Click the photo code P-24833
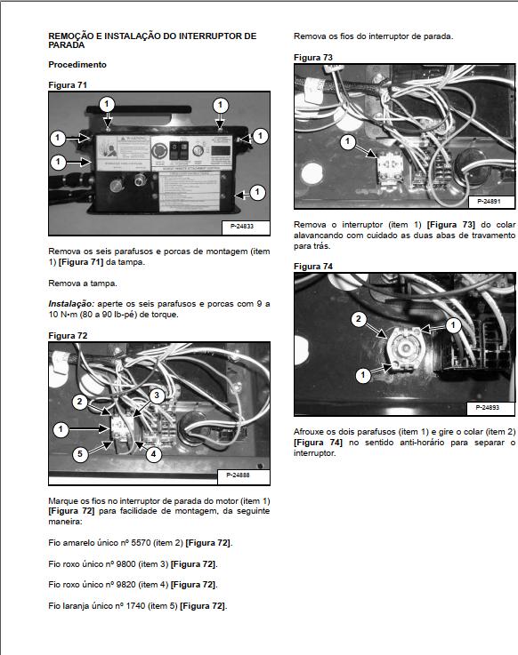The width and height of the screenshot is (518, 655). tap(241, 227)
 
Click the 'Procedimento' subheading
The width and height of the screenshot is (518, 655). tap(77, 65)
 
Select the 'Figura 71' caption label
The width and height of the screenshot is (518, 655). tap(68, 84)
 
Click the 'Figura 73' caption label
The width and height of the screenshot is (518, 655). tap(313, 57)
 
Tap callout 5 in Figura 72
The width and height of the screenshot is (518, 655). tap(79, 453)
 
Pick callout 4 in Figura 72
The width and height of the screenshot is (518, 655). tap(153, 453)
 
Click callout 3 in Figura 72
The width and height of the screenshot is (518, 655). tap(155, 395)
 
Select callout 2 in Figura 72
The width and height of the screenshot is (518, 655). tap(79, 402)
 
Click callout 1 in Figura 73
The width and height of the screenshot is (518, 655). tap(347, 141)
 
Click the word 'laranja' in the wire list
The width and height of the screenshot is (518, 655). tap(74, 606)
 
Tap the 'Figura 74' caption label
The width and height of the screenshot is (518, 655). tap(313, 267)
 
